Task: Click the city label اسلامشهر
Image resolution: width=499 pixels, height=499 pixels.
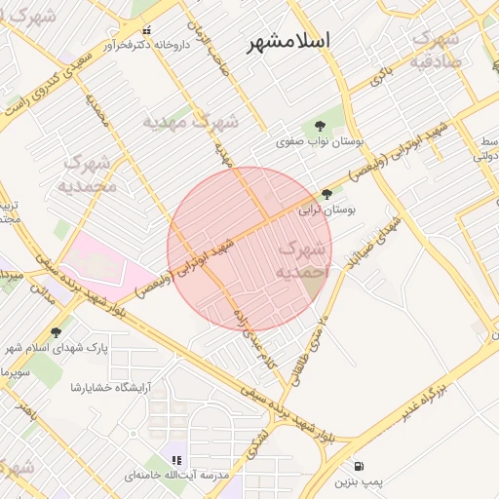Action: [288, 41]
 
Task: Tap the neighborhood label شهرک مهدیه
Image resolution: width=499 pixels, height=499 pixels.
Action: [191, 122]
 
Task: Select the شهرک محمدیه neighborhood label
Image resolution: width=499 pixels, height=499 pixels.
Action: [86, 173]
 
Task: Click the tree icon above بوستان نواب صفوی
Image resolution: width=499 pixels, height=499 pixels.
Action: [319, 125]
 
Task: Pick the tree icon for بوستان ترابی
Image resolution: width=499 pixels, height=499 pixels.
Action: [326, 195]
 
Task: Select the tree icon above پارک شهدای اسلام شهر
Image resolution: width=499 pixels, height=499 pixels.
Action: [56, 332]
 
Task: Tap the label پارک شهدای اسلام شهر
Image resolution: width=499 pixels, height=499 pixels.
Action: [57, 348]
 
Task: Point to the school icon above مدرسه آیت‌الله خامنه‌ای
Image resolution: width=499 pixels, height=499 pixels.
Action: [176, 460]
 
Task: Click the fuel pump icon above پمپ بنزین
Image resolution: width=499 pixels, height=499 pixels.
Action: [361, 467]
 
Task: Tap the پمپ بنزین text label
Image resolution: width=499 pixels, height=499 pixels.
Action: [361, 481]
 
